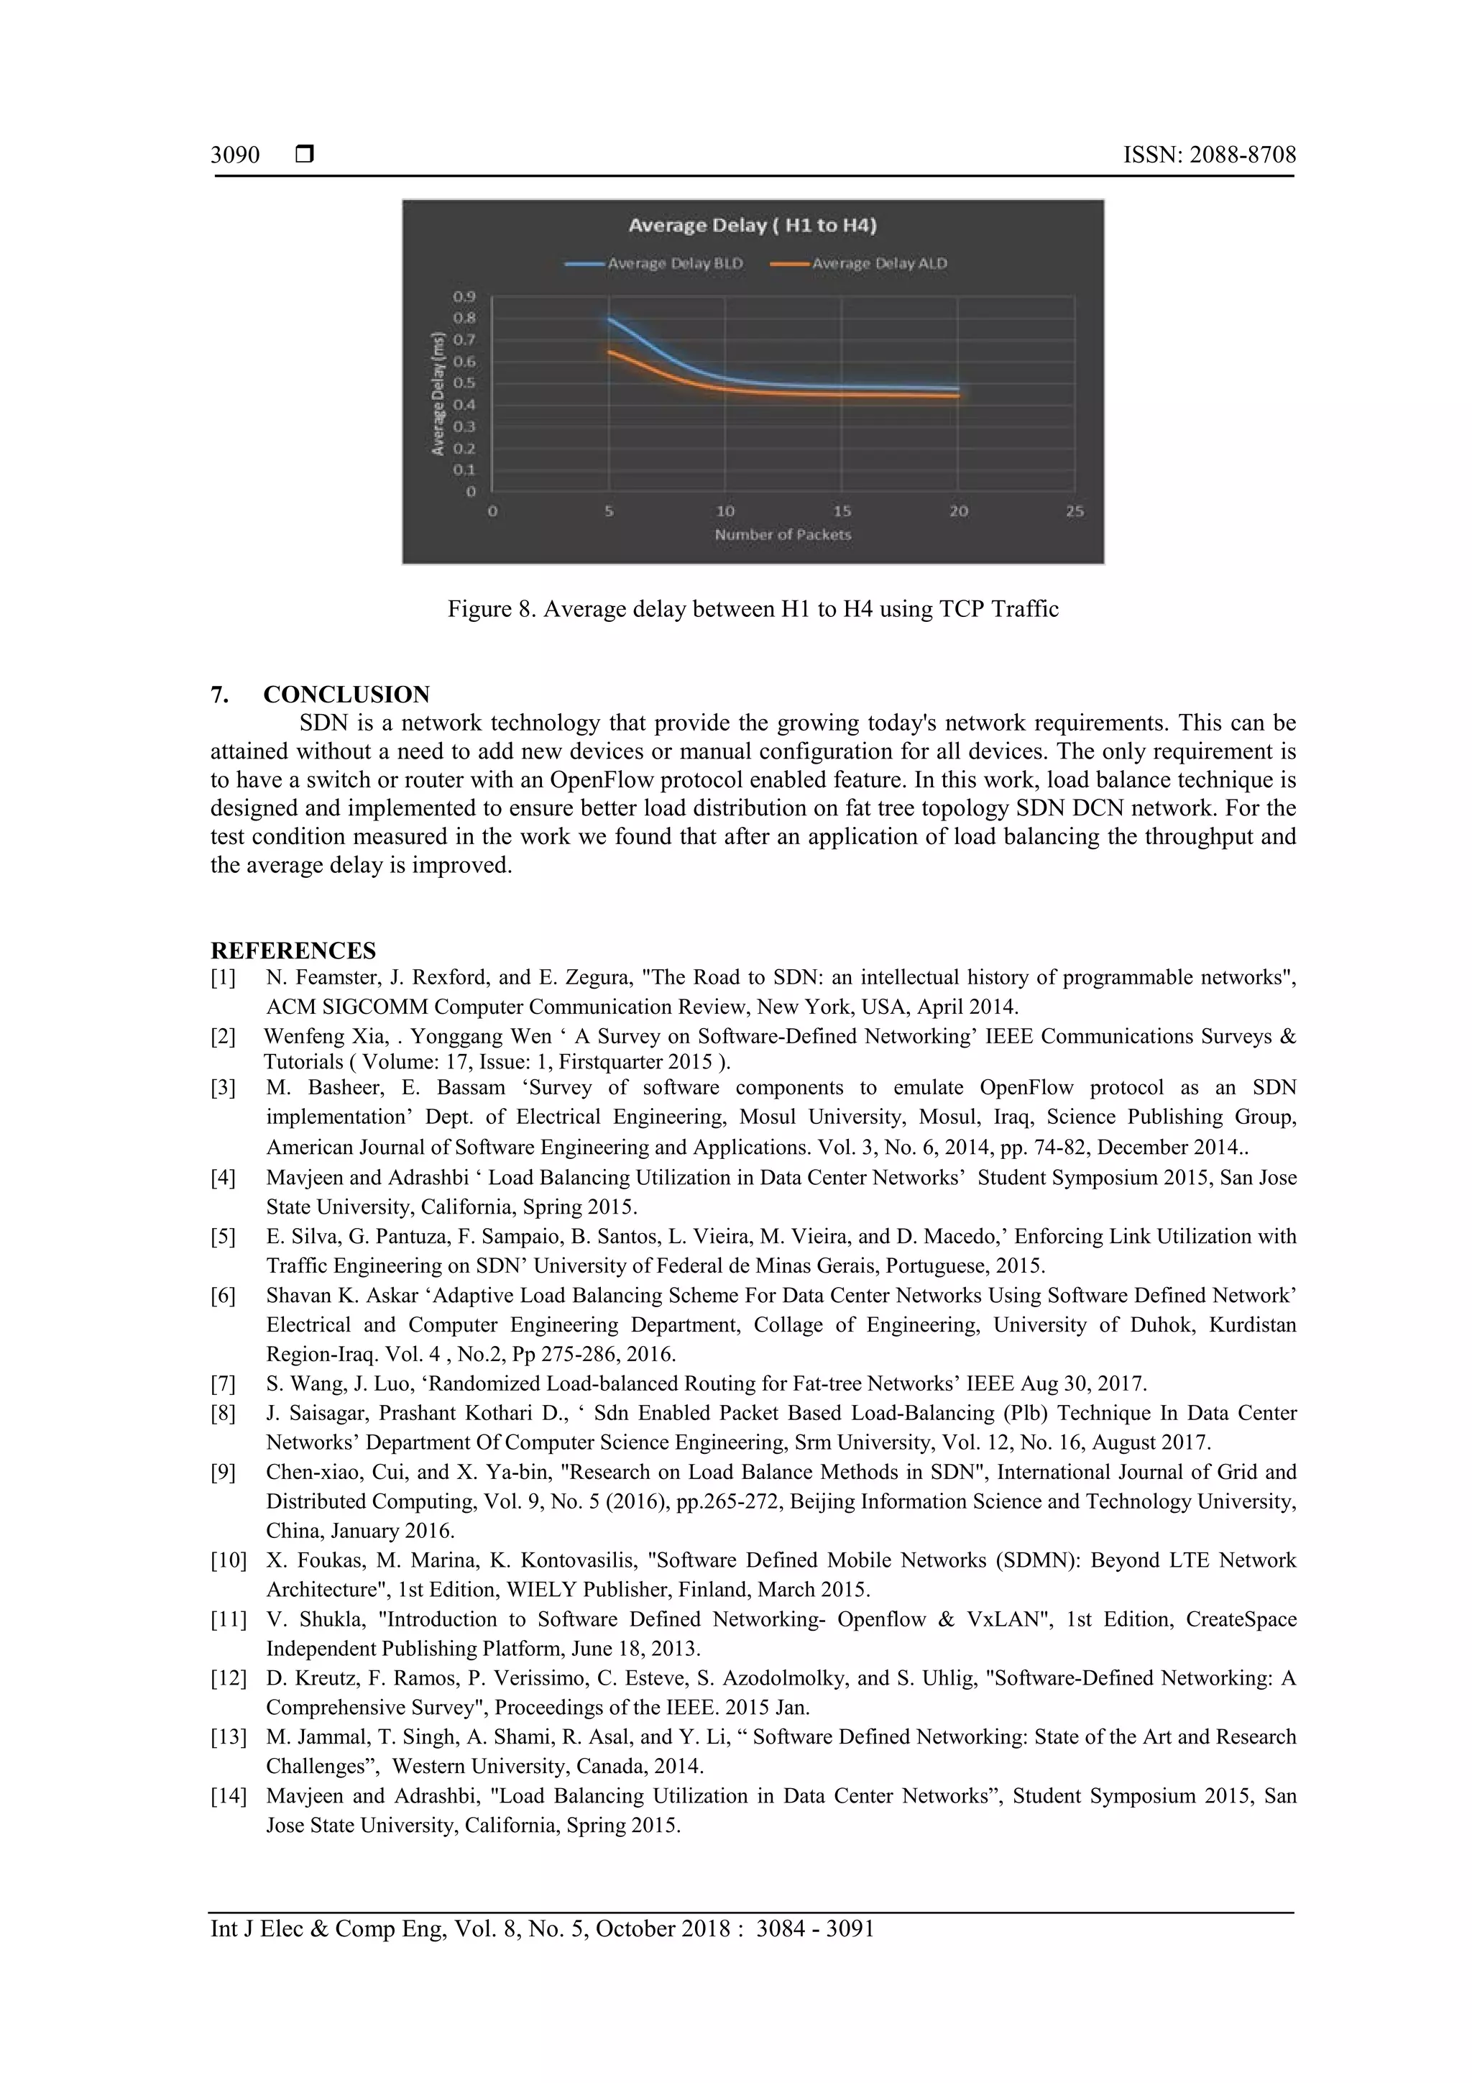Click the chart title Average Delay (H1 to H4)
[752, 225]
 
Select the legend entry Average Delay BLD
[675, 263]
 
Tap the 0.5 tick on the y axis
[464, 383]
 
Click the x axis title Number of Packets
[783, 535]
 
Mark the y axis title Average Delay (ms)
[438, 394]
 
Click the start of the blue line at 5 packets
[609, 319]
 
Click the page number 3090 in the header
[235, 155]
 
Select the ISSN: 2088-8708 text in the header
[1209, 155]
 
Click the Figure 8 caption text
[753, 609]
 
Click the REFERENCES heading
[293, 951]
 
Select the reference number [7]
[223, 1384]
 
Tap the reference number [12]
[228, 1678]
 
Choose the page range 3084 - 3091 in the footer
[814, 1929]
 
